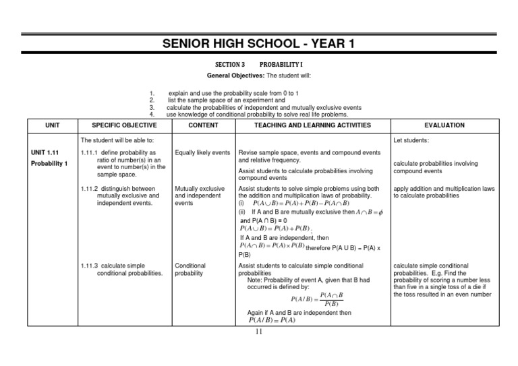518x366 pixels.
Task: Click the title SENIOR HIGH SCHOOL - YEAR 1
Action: coord(259,45)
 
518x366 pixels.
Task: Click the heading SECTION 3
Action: coord(230,63)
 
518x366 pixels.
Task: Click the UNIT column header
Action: coord(52,125)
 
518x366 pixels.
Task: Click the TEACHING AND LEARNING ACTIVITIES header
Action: coord(312,125)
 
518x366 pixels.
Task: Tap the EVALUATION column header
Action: coord(444,125)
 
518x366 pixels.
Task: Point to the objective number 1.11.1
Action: coord(89,153)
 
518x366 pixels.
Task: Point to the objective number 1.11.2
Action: coord(89,189)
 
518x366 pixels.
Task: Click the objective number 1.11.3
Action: coord(89,266)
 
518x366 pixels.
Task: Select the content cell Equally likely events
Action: coord(202,153)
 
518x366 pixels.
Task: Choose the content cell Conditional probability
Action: coord(191,270)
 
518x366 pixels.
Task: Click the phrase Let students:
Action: coord(411,141)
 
